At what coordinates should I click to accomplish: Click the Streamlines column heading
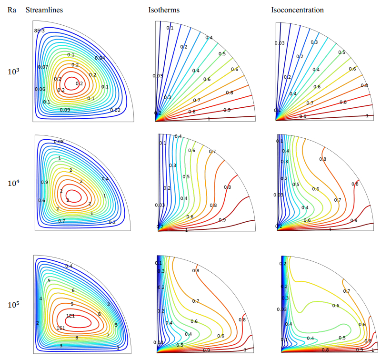point(44,10)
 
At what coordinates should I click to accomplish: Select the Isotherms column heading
point(164,10)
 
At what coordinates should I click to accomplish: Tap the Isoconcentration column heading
point(297,10)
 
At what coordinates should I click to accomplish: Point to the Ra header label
point(11,10)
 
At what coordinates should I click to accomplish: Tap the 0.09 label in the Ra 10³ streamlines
point(65,110)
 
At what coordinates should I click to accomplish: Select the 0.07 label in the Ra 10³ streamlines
point(43,67)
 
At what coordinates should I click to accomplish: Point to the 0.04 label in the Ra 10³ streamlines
point(100,58)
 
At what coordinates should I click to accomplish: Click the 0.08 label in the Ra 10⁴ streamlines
point(59,142)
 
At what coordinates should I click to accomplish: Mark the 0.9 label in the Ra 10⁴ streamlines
point(44,182)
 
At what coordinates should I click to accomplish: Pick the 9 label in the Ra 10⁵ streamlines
point(72,304)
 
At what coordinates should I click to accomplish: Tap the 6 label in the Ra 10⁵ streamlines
point(73,290)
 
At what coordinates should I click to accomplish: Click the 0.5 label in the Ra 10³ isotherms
point(222,54)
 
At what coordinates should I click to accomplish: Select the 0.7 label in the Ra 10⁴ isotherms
point(212,152)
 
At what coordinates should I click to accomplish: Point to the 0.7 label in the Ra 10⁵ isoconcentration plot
point(347,291)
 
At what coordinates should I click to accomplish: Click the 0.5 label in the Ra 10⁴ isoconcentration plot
point(296,185)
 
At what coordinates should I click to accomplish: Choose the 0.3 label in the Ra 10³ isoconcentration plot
point(314,42)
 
